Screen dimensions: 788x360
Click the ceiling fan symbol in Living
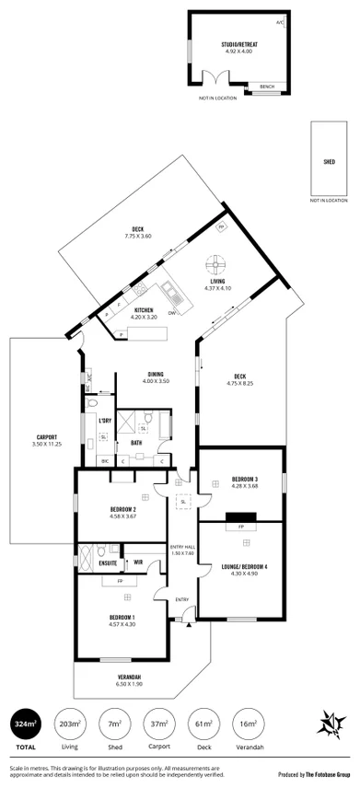[x=218, y=261]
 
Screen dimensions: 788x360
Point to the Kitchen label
[x=144, y=310]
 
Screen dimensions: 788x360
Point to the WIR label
[x=137, y=562]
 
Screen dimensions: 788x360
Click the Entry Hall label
[x=182, y=550]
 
